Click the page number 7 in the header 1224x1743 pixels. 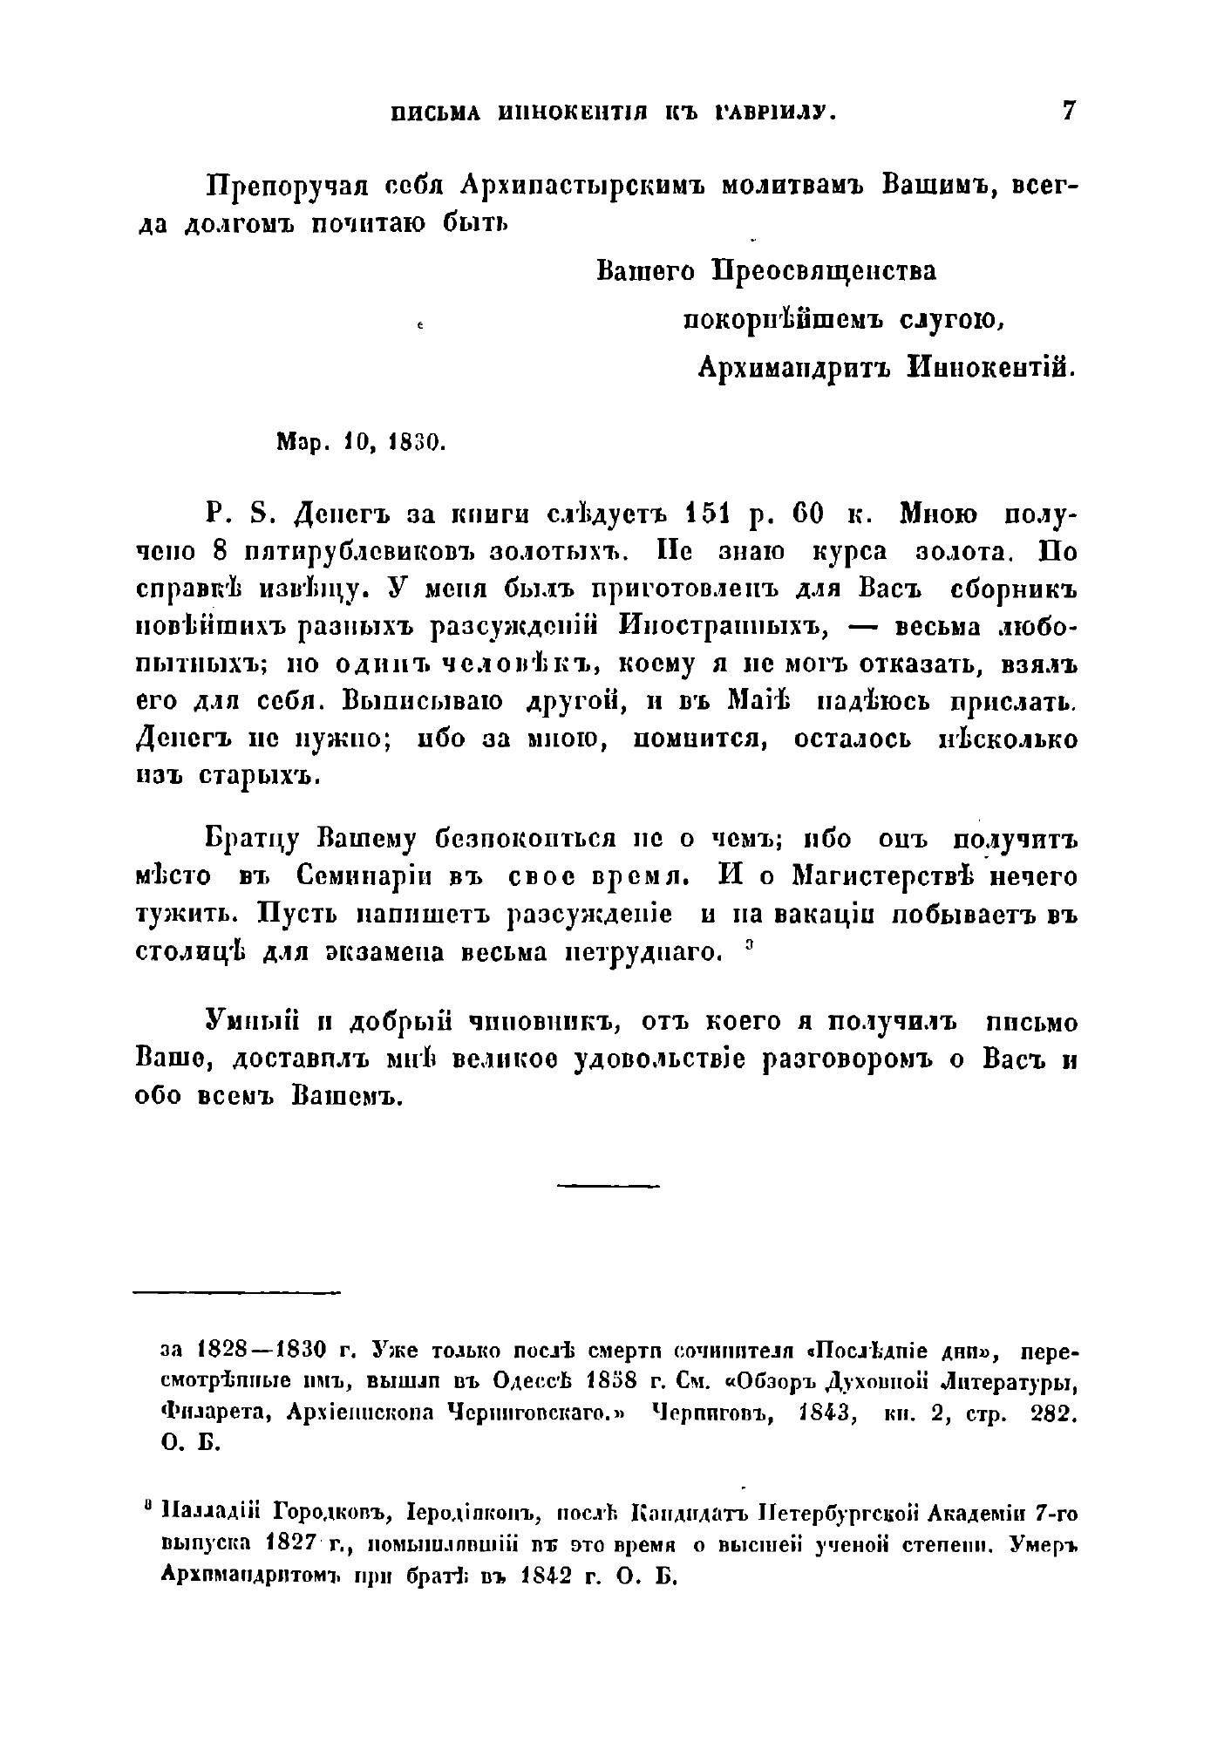coord(1068,112)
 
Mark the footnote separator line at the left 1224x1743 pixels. coord(236,1292)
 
